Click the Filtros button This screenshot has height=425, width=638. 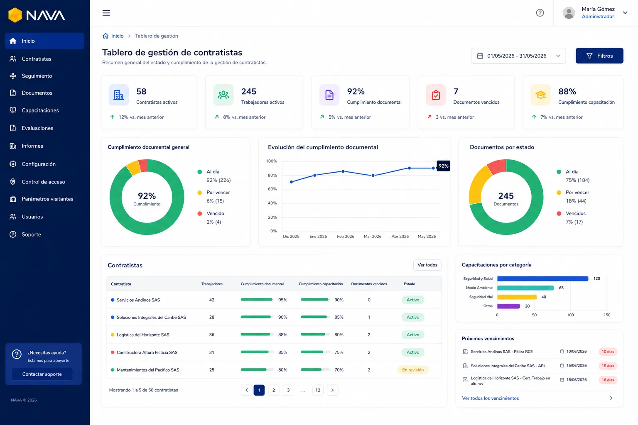click(599, 56)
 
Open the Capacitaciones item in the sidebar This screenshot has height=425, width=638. click(40, 110)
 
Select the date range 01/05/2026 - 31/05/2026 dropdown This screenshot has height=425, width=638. click(518, 56)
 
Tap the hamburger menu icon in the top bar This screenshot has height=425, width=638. click(106, 13)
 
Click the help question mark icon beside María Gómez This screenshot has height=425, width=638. click(540, 13)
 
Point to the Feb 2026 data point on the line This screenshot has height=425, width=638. click(343, 171)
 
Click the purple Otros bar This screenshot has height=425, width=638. click(508, 306)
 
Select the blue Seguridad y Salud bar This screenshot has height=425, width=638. click(542, 278)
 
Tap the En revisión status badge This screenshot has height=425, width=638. click(413, 370)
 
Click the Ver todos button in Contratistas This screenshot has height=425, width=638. click(427, 265)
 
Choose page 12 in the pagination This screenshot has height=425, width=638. click(318, 390)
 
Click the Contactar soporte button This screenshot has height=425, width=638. click(42, 374)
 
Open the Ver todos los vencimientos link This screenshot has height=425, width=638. click(490, 398)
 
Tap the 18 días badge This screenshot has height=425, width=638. click(608, 380)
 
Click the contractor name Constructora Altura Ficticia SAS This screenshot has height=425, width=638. click(147, 352)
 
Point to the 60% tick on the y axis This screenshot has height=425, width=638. click(272, 189)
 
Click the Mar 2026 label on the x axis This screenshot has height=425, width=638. click(373, 236)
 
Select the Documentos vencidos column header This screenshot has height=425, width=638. click(369, 284)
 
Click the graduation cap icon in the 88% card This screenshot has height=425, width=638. click(540, 95)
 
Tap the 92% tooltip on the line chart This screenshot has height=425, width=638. click(443, 166)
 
